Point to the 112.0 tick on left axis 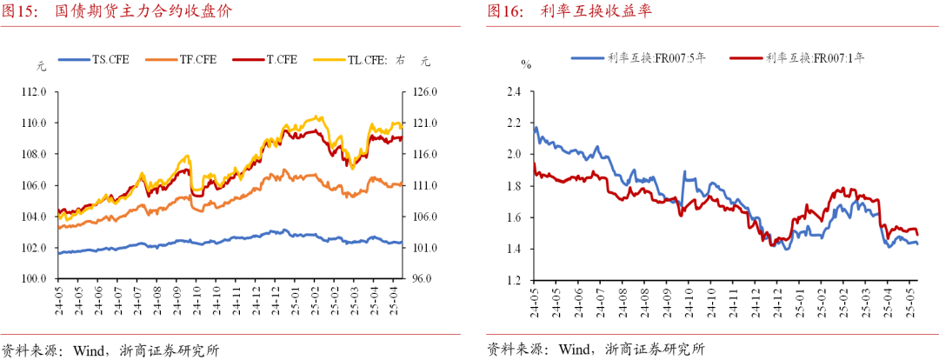pos(33,91)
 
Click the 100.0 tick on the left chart pos(33,279)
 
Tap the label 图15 pos(21,12)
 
